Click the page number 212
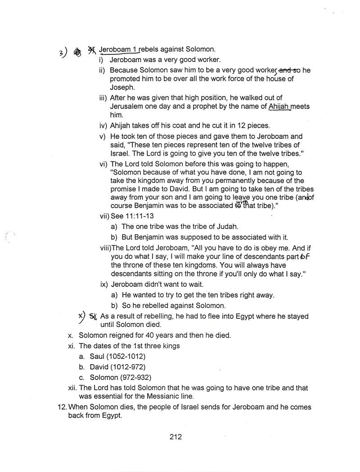pyautogui.click(x=175, y=436)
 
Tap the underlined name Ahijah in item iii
pyautogui.click(x=279, y=107)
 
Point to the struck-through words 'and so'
pyautogui.click(x=290, y=70)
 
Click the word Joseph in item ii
pyautogui.click(x=122, y=88)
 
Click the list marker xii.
pyautogui.click(x=71, y=388)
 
